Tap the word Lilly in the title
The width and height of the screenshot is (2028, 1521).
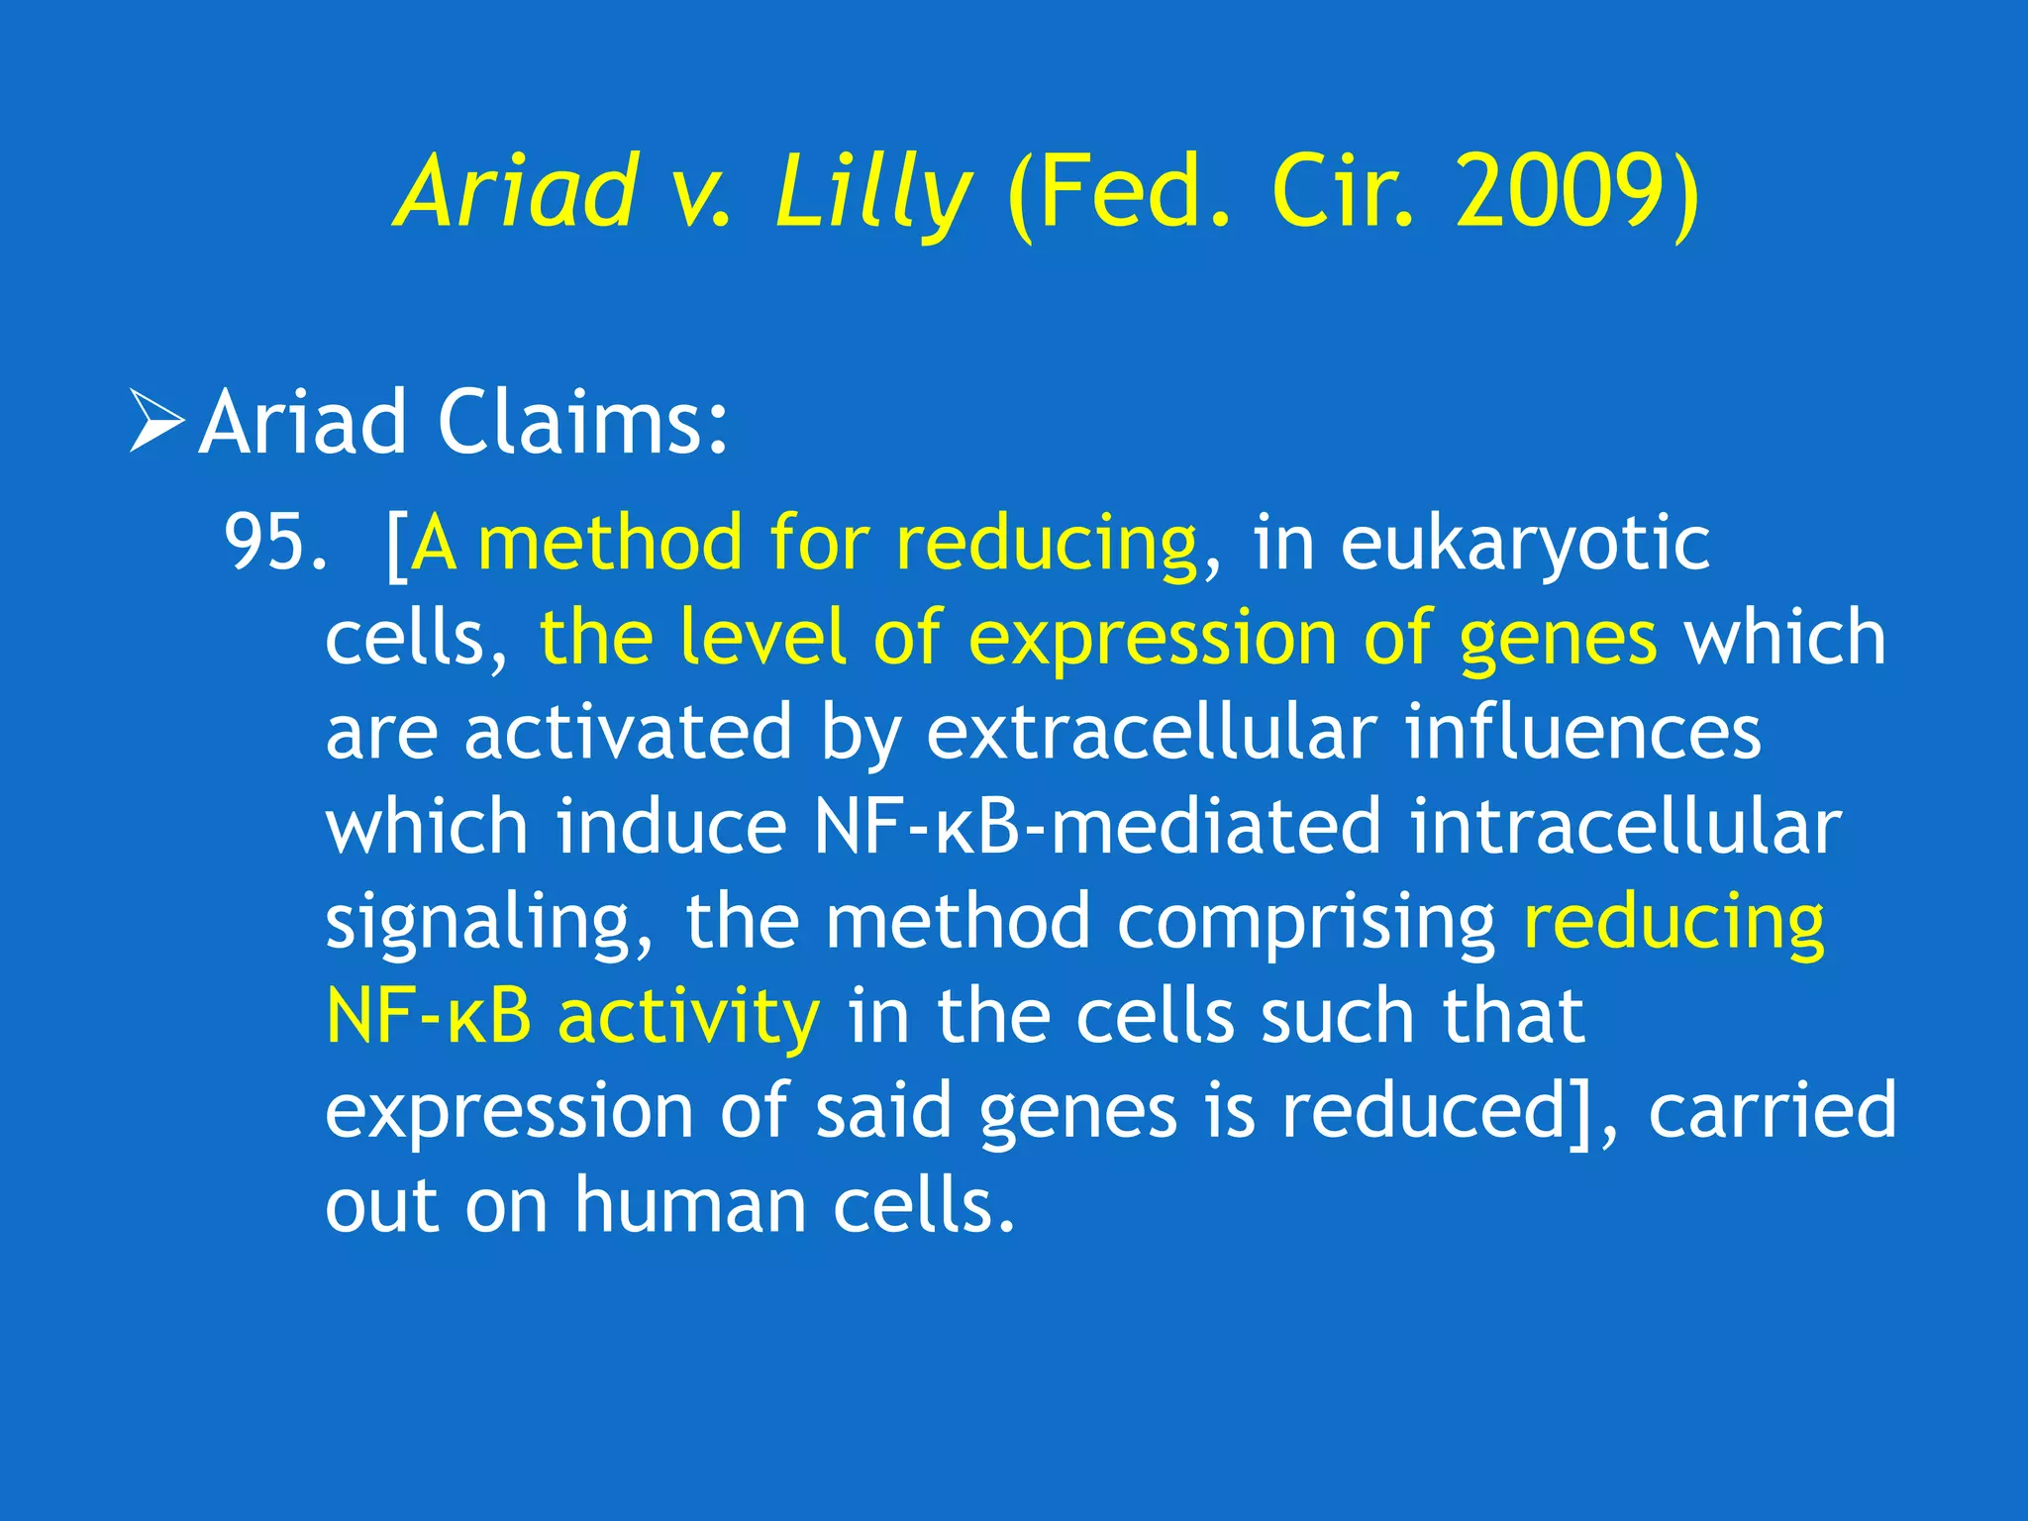point(871,193)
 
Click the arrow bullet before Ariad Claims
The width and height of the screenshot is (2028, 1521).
point(156,422)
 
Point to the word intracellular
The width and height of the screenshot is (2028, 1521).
point(1624,827)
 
